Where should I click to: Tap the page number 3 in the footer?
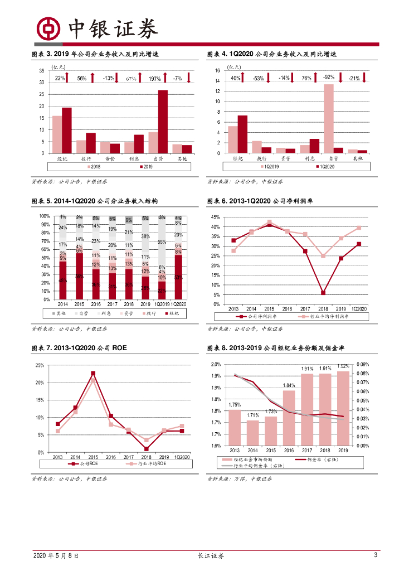tap(376, 555)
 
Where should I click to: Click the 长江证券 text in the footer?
tap(211, 556)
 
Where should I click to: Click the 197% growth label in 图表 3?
tap(155, 79)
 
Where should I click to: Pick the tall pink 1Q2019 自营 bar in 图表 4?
tap(329, 118)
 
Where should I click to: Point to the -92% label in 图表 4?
tap(329, 78)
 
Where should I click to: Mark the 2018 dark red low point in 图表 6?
tap(323, 293)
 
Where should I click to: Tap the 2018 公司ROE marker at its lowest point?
tap(146, 449)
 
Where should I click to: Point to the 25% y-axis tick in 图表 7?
tap(40, 365)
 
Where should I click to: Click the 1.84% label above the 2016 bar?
tap(289, 385)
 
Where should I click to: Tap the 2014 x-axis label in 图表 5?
tap(62, 304)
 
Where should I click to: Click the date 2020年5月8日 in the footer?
tap(56, 556)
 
